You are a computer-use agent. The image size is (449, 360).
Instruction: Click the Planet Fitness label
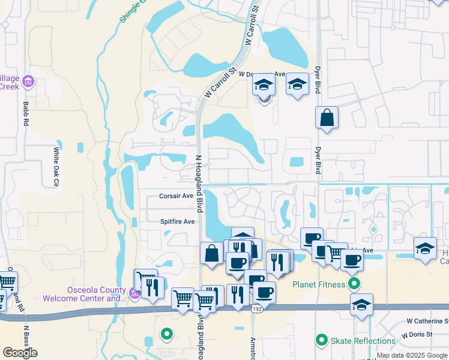click(319, 284)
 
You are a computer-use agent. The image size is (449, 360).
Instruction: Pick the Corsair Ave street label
click(176, 196)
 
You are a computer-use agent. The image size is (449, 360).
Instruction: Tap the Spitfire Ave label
click(178, 221)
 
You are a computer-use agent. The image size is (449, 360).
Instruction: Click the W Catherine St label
click(427, 322)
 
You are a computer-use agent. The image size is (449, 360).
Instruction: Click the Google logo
click(20, 353)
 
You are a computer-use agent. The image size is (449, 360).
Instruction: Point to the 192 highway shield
click(257, 308)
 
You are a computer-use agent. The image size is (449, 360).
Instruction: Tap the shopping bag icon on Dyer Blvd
click(327, 118)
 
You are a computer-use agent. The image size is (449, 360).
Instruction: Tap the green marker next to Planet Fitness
click(355, 284)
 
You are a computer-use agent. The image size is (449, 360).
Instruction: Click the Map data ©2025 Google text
click(412, 356)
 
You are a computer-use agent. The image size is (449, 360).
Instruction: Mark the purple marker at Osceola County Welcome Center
click(134, 293)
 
